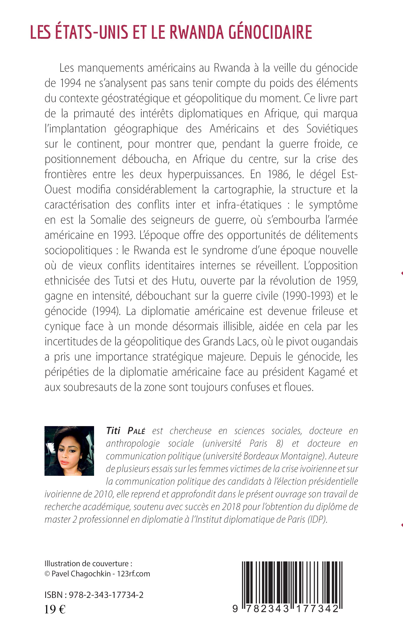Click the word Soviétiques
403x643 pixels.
click(332, 129)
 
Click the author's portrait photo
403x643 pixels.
click(69, 451)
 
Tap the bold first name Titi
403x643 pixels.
click(113, 431)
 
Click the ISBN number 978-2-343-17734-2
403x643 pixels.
click(106, 595)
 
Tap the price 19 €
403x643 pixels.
click(55, 609)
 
